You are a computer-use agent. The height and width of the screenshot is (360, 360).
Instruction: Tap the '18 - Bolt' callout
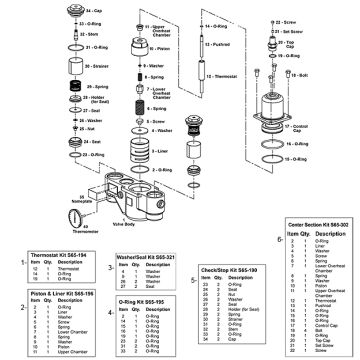coord(336,74)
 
